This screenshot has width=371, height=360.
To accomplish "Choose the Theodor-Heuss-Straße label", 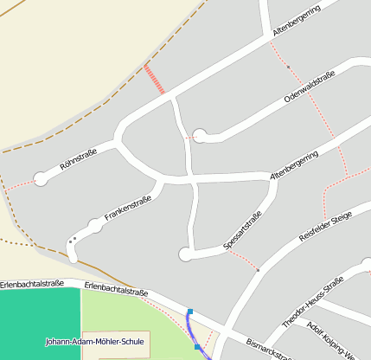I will (x=312, y=303).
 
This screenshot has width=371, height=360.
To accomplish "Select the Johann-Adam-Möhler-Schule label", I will (x=94, y=342).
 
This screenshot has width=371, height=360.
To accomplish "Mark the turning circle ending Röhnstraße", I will (x=40, y=179).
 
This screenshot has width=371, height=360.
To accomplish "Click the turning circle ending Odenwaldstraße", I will (x=200, y=135).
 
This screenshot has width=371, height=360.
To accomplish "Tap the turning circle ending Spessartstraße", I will (x=184, y=254).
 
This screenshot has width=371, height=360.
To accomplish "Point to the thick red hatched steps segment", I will (x=154, y=79).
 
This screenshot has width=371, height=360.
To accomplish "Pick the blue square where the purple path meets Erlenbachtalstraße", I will (x=189, y=312).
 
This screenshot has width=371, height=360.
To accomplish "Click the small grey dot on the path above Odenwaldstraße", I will (x=287, y=67).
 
